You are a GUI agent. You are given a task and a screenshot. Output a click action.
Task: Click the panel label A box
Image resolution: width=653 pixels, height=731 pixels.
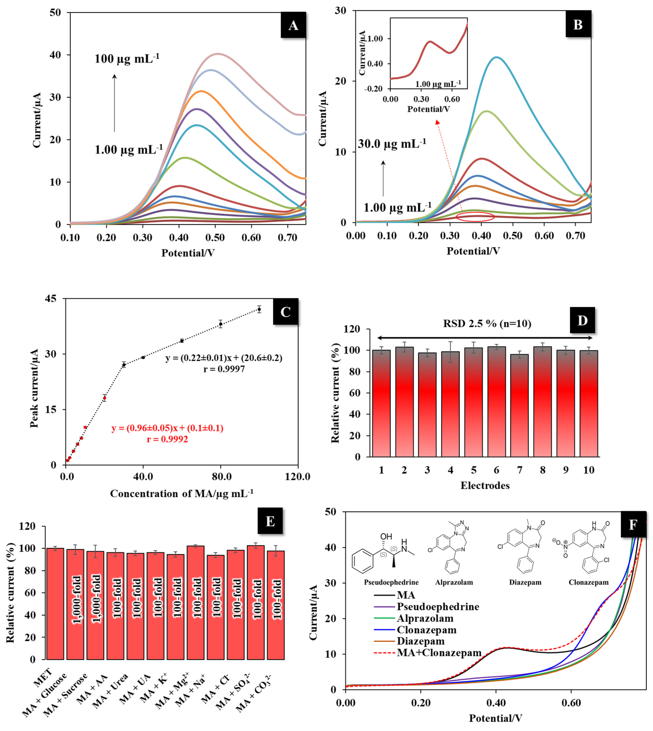[x=293, y=25]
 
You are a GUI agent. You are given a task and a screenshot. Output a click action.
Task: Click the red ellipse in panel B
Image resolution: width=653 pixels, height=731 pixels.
[x=475, y=217]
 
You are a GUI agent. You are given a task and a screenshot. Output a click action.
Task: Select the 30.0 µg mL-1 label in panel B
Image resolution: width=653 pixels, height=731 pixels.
[x=392, y=144]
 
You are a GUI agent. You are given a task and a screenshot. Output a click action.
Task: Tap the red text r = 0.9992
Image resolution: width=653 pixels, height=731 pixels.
[x=167, y=439]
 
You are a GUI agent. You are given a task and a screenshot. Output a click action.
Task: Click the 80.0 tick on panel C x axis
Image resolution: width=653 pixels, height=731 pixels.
[x=221, y=477]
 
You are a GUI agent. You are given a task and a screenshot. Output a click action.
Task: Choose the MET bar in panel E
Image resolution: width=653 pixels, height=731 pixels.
[x=55, y=603]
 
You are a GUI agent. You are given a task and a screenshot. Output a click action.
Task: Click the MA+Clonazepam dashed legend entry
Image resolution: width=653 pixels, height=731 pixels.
[x=438, y=653]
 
